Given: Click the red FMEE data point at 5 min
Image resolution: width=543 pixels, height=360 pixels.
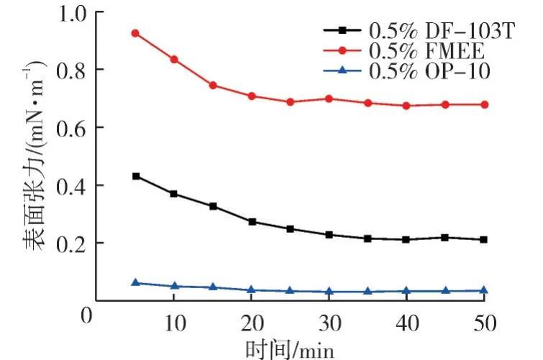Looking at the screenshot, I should (x=135, y=33).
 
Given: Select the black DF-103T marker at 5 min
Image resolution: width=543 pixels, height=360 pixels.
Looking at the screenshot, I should (x=135, y=176).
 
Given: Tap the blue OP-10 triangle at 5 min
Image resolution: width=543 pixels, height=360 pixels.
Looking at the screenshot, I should (x=135, y=282).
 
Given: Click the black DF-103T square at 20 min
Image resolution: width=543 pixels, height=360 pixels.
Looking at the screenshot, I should (x=252, y=221).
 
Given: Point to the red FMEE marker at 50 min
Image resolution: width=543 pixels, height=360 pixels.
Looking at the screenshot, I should (x=484, y=104).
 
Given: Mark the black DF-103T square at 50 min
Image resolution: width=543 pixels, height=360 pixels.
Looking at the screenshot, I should (x=484, y=239).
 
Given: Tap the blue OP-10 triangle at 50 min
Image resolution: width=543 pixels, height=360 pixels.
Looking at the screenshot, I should (x=484, y=290).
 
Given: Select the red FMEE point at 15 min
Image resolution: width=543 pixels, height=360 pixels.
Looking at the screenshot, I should (x=213, y=85).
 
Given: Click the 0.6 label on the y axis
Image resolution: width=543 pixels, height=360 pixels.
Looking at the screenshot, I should (x=73, y=128).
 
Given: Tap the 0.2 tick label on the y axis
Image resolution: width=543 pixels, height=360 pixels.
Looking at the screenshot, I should (x=73, y=243).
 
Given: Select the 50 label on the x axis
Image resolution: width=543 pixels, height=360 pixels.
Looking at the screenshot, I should (x=484, y=323).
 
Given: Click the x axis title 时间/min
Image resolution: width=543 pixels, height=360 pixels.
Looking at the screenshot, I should (x=290, y=349).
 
